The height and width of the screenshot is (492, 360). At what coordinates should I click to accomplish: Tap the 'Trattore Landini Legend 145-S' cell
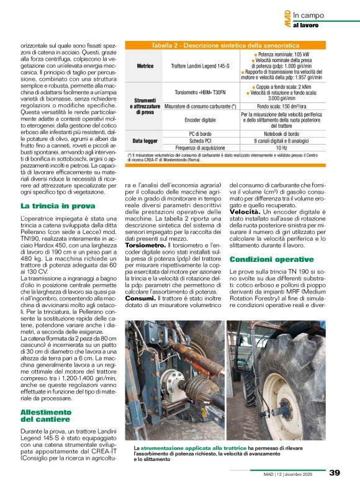(200, 66)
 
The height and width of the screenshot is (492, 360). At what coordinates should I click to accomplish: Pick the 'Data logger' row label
(144, 141)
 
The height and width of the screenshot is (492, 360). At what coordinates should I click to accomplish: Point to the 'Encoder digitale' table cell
(200, 120)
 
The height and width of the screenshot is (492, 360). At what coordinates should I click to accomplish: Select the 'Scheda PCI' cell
(200, 141)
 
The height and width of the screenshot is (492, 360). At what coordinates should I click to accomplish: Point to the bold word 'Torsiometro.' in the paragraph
(145, 246)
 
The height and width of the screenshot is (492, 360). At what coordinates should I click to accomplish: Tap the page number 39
(334, 473)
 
